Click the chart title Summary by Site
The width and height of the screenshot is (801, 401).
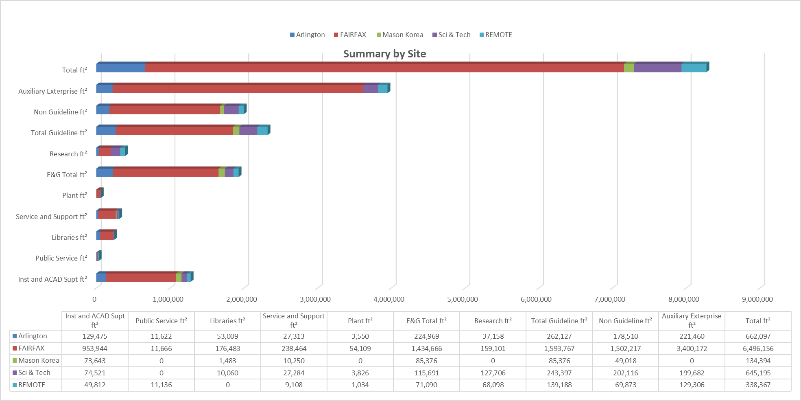[384, 54]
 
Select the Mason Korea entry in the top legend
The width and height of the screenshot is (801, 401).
[402, 35]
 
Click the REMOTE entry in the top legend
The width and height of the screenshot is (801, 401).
[498, 35]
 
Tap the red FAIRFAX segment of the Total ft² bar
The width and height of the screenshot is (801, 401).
[384, 68]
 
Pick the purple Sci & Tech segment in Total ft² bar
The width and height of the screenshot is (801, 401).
[657, 68]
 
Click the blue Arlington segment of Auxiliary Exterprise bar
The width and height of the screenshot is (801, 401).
[104, 89]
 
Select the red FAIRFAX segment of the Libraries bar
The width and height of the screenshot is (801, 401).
[107, 235]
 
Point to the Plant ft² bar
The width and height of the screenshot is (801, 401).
[99, 193]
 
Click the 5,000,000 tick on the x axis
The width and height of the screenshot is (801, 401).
[463, 299]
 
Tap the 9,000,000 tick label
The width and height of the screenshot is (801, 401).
[757, 299]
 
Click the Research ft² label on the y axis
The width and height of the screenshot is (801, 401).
[68, 154]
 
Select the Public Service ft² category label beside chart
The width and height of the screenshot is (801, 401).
[61, 258]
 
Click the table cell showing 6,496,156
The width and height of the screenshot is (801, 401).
[758, 348]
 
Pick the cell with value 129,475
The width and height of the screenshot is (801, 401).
[95, 336]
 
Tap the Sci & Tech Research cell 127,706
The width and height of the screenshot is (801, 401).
[493, 373]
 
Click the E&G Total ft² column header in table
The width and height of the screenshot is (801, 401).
[426, 321]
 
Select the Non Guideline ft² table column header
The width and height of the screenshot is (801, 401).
[625, 321]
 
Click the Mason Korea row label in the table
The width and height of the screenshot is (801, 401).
[38, 361]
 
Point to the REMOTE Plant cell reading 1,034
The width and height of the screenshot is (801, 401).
[360, 385]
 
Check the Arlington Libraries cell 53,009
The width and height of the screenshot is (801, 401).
[227, 336]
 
